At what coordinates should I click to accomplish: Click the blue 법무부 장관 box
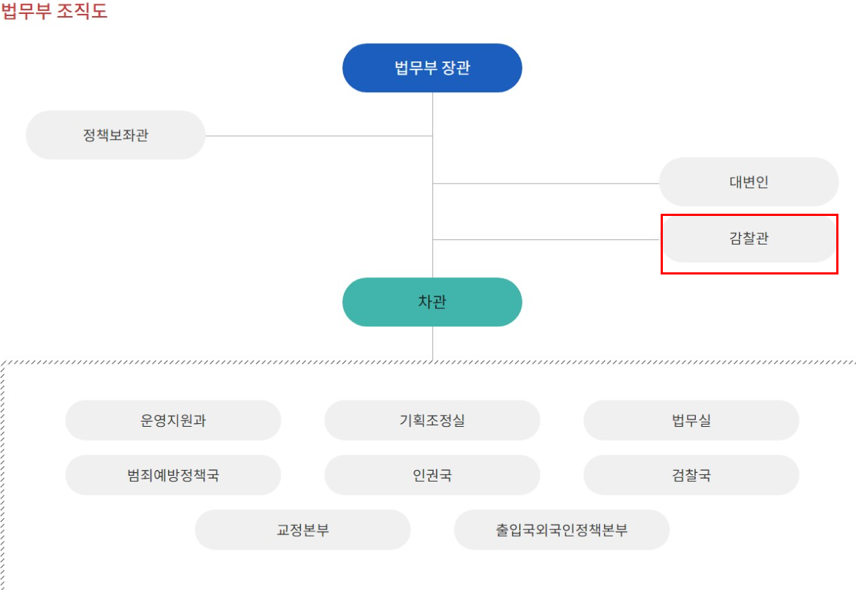(x=432, y=68)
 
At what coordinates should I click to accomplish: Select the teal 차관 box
(x=432, y=302)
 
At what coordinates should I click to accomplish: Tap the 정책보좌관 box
(x=116, y=135)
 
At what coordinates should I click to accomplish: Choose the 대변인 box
(x=748, y=182)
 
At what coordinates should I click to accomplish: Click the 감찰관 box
(x=748, y=238)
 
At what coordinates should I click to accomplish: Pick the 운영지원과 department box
(x=173, y=420)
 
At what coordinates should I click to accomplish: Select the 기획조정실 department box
(x=432, y=420)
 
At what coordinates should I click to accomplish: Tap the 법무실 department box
(x=691, y=420)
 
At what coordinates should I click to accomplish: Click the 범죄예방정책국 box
(x=173, y=475)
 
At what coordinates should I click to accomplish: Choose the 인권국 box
(x=432, y=475)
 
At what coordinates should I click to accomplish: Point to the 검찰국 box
(x=691, y=475)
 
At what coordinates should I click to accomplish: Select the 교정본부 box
(x=302, y=530)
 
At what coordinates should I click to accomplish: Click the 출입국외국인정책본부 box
(x=561, y=530)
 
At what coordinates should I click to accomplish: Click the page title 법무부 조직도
(x=55, y=12)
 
